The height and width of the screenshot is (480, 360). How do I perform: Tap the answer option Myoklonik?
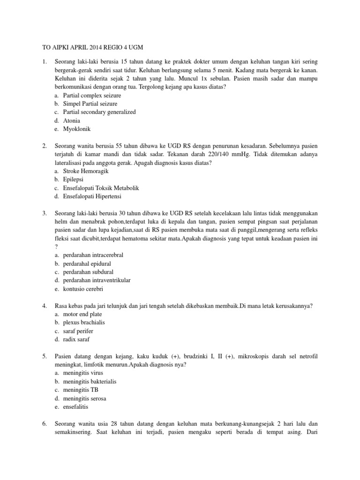pyautogui.click(x=77, y=128)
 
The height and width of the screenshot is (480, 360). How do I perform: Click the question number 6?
pyautogui.click(x=44, y=424)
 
